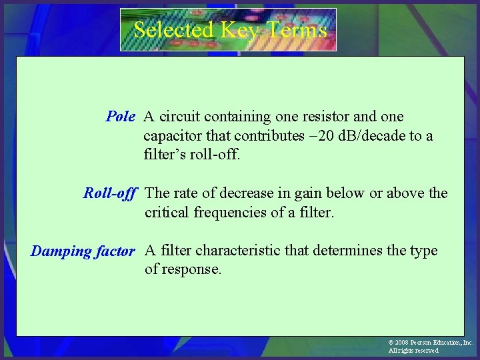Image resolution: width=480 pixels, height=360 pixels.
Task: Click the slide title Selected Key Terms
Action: (230, 30)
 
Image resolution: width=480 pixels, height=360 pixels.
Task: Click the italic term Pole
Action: (121, 117)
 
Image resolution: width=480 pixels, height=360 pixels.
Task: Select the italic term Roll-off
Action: (110, 193)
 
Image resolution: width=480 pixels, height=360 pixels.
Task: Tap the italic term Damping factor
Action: (83, 251)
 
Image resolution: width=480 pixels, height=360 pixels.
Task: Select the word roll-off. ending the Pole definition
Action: (216, 155)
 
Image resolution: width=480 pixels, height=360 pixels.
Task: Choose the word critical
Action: (167, 213)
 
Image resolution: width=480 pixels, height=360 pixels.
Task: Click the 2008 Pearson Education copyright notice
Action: (431, 342)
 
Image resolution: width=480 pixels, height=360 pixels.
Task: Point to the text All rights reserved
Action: (413, 351)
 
